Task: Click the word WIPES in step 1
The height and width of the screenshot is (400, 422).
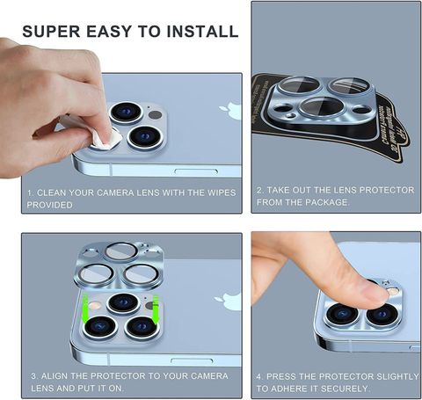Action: click(x=222, y=193)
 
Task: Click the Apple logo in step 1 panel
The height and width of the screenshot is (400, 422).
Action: click(x=230, y=110)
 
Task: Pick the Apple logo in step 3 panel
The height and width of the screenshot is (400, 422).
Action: click(x=228, y=302)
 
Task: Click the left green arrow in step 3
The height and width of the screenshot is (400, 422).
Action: click(x=85, y=309)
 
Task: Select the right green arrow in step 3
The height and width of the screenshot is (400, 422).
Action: click(x=156, y=310)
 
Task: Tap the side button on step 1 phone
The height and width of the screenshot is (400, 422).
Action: click(x=196, y=171)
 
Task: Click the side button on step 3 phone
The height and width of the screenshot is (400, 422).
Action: click(x=192, y=360)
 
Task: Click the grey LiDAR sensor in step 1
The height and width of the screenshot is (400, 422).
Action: click(x=155, y=114)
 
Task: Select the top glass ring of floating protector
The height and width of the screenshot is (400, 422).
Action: click(x=121, y=251)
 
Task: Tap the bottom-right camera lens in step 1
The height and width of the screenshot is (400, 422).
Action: click(x=146, y=137)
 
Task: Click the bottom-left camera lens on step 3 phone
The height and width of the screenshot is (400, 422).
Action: click(x=100, y=326)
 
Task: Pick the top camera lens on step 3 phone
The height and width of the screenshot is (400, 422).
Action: click(x=123, y=302)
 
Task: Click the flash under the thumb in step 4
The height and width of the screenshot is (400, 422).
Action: click(x=393, y=291)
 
